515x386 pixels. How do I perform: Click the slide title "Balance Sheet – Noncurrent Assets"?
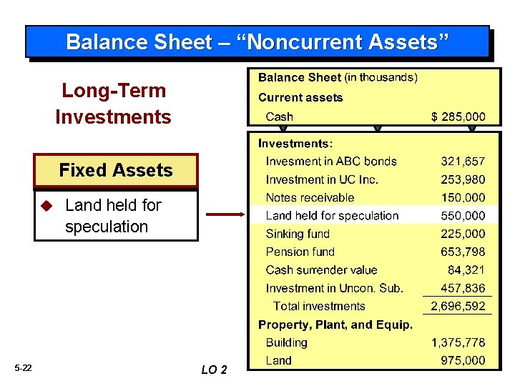257,41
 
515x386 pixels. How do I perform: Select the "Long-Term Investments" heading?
113,104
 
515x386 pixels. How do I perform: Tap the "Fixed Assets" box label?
116,170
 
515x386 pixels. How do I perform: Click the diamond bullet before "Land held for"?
47,206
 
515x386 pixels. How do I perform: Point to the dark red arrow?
225,214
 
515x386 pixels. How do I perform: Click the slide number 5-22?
23,368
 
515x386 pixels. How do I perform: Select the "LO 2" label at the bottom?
215,370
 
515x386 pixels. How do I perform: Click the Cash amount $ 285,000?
457,117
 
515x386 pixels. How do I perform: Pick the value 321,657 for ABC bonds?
462,162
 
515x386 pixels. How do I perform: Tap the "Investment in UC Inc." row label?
322,179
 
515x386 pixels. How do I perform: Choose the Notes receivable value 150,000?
462,198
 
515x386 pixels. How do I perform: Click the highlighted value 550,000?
462,216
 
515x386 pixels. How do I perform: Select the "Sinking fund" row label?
298,234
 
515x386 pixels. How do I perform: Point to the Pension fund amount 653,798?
462,252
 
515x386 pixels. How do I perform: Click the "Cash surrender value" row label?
321,270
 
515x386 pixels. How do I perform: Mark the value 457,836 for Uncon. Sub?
462,288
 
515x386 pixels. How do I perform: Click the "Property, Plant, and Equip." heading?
335,325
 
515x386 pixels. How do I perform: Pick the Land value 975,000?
462,361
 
